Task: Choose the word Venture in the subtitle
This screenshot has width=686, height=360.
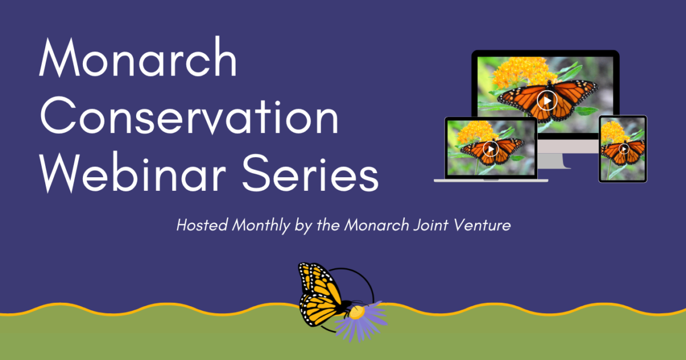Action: (x=482, y=225)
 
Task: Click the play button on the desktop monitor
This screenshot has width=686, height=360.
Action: (x=547, y=101)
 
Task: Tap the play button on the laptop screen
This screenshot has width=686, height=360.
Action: (x=490, y=149)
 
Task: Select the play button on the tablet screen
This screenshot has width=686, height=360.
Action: (x=624, y=149)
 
